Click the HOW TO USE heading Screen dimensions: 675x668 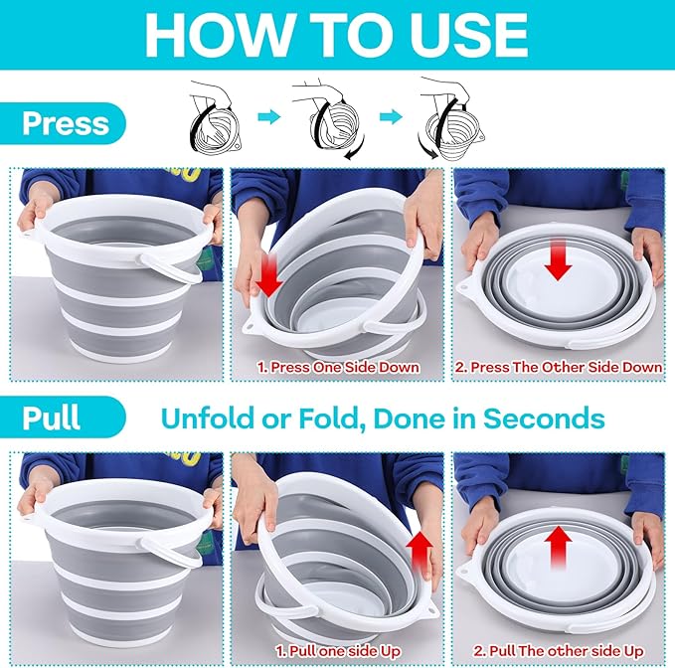[x=336, y=35]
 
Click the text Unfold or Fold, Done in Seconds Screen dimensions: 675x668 [x=383, y=417]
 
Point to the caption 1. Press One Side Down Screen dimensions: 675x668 [x=338, y=367]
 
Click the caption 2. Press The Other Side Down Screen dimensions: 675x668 [x=559, y=367]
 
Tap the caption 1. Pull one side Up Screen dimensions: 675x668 [x=338, y=651]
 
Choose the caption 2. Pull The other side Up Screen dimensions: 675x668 [x=559, y=651]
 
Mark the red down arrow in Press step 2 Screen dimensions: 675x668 [x=558, y=260]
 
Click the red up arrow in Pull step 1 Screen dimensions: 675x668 [x=420, y=554]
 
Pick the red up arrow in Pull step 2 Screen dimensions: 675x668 [x=558, y=547]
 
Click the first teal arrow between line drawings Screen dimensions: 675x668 [x=268, y=116]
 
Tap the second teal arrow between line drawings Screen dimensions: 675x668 [x=391, y=116]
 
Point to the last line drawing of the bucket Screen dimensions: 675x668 [x=451, y=117]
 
